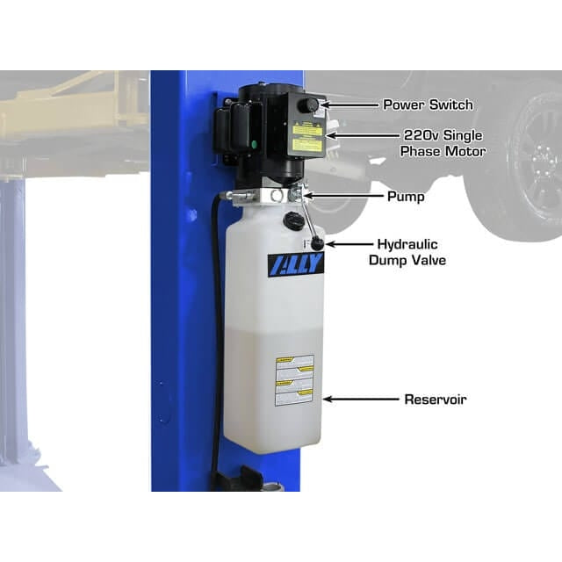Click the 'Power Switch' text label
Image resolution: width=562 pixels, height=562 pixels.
point(428,104)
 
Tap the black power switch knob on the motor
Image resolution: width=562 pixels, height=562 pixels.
point(311,105)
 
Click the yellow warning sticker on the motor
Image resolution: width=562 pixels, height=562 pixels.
point(307,136)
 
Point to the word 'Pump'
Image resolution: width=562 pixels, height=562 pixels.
point(405,197)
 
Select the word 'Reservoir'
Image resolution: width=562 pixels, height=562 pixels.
point(435,400)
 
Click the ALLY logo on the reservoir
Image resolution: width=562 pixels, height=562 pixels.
point(295,264)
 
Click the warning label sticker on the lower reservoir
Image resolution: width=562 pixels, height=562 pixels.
point(294,380)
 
